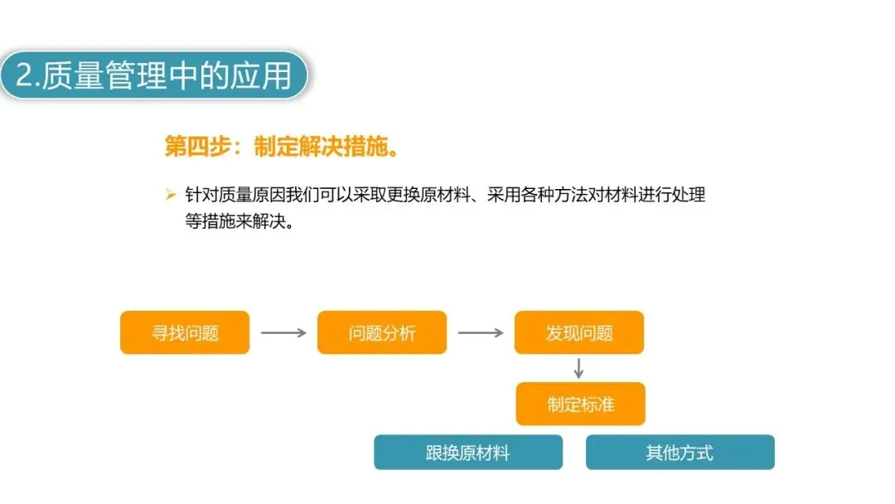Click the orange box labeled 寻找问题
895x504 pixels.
(x=185, y=332)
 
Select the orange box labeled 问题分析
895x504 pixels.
(x=382, y=332)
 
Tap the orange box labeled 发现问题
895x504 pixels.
(x=579, y=332)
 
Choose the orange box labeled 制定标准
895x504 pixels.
(x=580, y=404)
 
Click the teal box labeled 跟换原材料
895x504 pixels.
(x=468, y=453)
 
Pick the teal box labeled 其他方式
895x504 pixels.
(x=680, y=453)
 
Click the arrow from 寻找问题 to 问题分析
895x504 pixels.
(x=283, y=332)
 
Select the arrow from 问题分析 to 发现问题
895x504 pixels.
(x=481, y=332)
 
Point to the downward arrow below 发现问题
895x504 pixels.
(x=579, y=368)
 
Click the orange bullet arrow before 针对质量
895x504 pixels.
(x=171, y=196)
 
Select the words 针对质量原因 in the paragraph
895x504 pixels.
(x=235, y=196)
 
